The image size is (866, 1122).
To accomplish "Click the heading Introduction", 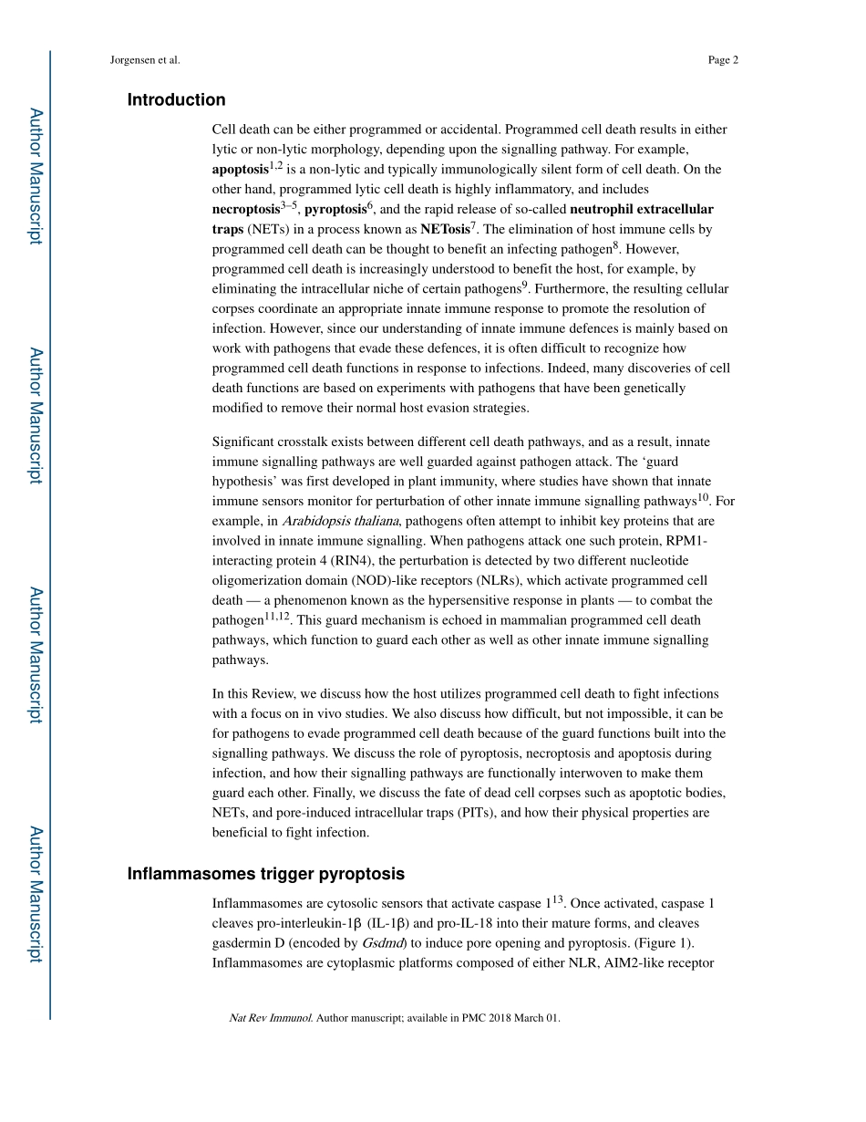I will (176, 100).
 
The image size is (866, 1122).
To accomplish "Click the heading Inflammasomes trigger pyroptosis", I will (265, 874).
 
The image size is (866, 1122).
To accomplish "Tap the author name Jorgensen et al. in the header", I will (145, 60).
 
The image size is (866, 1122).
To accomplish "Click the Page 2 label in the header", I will (722, 60).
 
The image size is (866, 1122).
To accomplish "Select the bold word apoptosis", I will (240, 170).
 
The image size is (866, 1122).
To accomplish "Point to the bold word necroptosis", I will (245, 210).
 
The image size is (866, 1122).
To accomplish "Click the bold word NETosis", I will (445, 230).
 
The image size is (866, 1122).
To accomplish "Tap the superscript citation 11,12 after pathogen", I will (278, 617).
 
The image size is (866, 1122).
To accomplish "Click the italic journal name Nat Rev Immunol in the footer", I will (270, 1018).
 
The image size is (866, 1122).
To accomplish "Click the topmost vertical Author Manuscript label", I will (36, 176).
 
